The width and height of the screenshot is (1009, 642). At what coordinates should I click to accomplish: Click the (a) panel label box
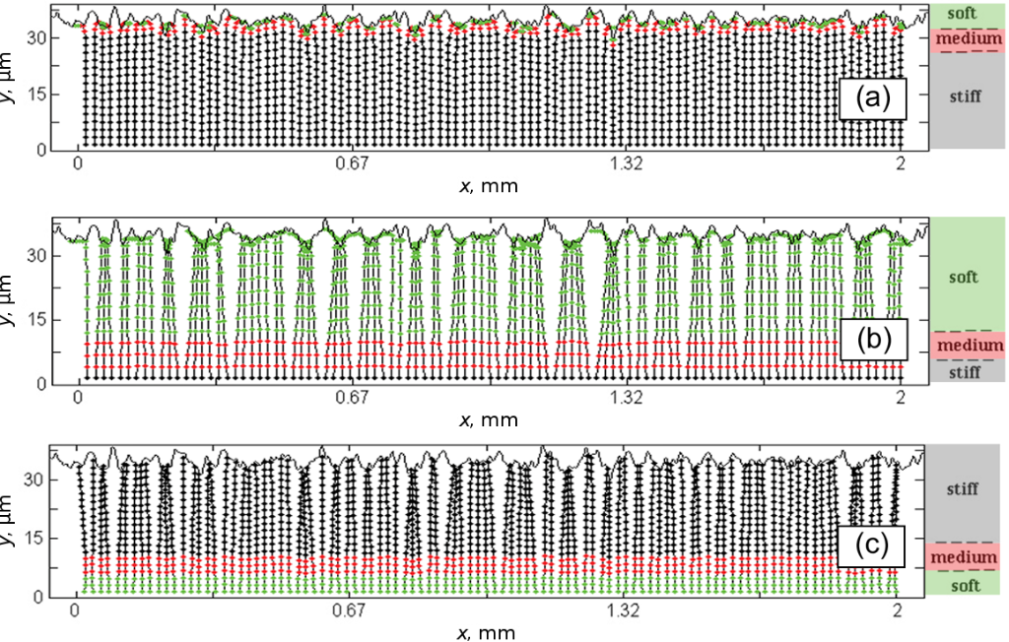pos(873,97)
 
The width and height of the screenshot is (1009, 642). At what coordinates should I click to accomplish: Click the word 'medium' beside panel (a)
pos(970,39)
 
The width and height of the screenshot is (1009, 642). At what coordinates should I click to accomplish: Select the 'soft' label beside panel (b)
pos(963,277)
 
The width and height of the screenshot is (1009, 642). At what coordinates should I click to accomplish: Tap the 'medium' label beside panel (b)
pos(970,346)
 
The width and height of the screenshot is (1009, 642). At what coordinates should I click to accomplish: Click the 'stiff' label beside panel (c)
pos(963,488)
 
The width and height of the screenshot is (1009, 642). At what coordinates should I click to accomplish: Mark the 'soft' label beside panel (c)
pos(964,585)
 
